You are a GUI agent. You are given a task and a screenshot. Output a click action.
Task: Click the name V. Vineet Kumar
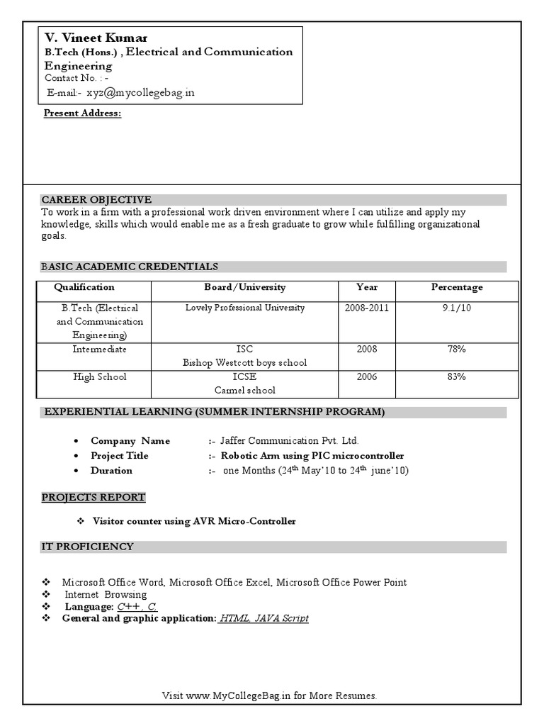96,38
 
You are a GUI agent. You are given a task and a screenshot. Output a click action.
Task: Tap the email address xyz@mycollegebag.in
141,93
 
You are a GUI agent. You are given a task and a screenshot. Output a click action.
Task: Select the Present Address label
83,113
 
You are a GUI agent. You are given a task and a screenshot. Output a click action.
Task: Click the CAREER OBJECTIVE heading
96,200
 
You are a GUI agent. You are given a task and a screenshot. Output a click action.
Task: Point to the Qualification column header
84,287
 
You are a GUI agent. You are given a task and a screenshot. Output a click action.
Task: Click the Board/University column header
245,287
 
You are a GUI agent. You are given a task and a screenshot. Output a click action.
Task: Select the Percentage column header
457,287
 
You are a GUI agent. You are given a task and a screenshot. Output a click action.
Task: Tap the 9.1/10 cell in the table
457,308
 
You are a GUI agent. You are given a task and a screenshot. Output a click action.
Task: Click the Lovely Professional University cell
245,308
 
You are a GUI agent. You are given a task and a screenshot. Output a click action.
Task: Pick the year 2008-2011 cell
367,308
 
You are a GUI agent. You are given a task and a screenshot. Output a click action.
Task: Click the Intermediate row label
99,350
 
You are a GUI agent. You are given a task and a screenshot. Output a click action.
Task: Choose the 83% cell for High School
457,377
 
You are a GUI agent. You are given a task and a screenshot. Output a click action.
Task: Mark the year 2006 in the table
367,377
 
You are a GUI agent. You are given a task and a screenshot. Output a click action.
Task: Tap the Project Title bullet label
120,456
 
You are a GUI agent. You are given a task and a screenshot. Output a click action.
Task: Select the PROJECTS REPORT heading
93,497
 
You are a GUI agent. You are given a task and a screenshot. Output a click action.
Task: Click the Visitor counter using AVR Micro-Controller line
194,521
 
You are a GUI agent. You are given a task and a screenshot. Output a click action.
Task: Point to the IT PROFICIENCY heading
87,547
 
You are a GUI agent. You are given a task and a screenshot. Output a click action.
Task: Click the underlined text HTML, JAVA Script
263,618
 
